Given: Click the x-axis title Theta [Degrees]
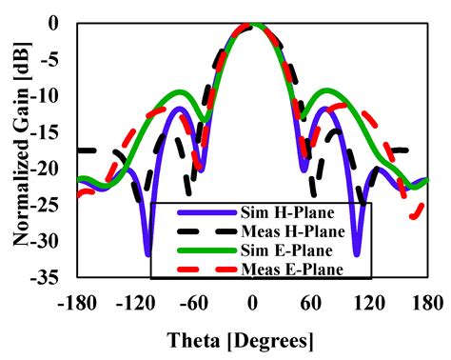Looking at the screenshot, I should point(252,340).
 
